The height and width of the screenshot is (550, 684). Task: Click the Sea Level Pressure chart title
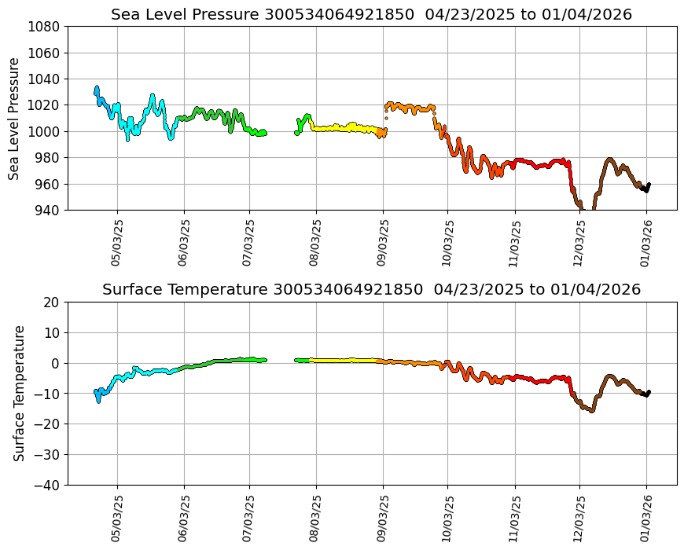(371, 14)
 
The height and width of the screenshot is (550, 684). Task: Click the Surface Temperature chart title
(371, 289)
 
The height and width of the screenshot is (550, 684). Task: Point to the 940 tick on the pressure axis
(49, 210)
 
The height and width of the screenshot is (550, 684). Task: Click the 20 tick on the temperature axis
(53, 302)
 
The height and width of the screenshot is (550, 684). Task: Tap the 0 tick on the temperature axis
(57, 363)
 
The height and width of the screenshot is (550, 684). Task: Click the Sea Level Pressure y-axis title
(15, 118)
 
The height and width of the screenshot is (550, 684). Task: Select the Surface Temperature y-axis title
(19, 393)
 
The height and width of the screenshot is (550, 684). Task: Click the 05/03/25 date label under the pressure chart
(117, 244)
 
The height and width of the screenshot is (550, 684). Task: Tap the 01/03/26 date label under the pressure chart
(647, 244)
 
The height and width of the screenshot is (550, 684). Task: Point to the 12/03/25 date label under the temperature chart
(580, 519)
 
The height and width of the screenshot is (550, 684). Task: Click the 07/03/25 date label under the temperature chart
(250, 519)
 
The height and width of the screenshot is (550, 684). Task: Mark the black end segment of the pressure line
(645, 188)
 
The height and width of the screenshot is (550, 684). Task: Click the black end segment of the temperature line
(645, 394)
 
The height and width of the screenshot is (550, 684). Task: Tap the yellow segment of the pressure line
(346, 127)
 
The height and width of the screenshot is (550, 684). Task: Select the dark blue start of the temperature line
(97, 394)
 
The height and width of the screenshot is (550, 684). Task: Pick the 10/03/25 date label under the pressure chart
(448, 244)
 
